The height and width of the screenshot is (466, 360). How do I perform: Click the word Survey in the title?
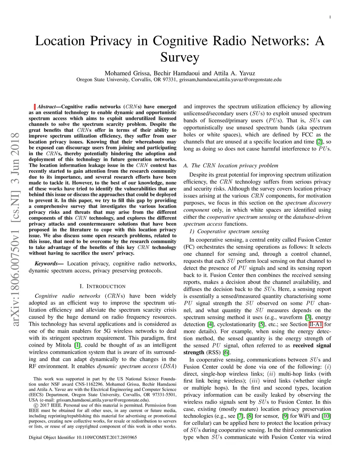point(180,57)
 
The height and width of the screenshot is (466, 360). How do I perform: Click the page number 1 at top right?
point(330,17)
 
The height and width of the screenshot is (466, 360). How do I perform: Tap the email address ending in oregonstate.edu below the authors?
point(230,79)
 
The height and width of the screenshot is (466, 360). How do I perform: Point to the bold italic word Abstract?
point(46,107)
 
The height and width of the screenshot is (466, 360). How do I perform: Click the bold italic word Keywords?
point(46,263)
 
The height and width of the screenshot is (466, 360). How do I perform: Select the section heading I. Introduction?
point(103,286)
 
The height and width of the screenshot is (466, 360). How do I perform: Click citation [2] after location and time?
point(319,141)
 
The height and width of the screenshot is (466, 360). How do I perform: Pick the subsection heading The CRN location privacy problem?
point(231,165)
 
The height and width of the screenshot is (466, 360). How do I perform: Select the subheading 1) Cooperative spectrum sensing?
point(229,231)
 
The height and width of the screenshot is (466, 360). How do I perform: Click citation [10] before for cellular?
point(327,416)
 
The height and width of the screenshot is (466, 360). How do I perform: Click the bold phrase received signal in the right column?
point(312,345)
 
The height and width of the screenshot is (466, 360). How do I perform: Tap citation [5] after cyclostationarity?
point(262,324)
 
